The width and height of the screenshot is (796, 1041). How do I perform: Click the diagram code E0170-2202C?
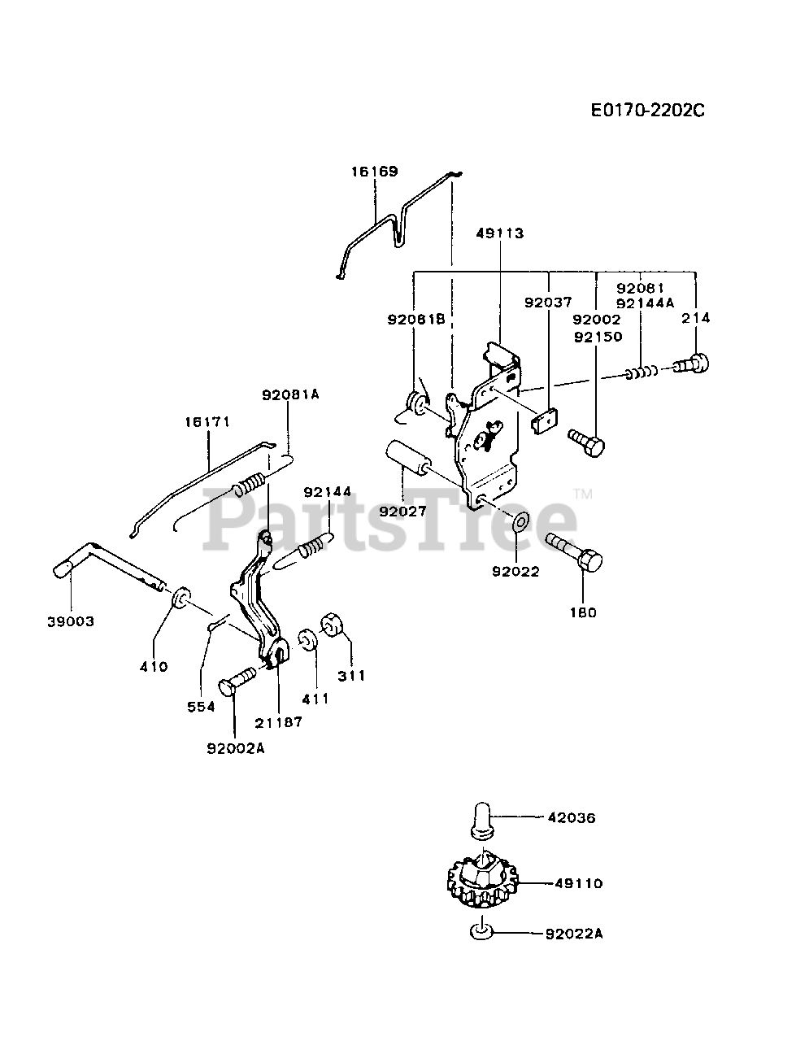click(x=647, y=110)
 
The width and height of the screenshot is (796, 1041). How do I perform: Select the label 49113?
click(x=500, y=233)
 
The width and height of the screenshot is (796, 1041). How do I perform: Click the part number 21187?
click(x=277, y=721)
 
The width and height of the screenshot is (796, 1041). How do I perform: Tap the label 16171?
click(x=207, y=422)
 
